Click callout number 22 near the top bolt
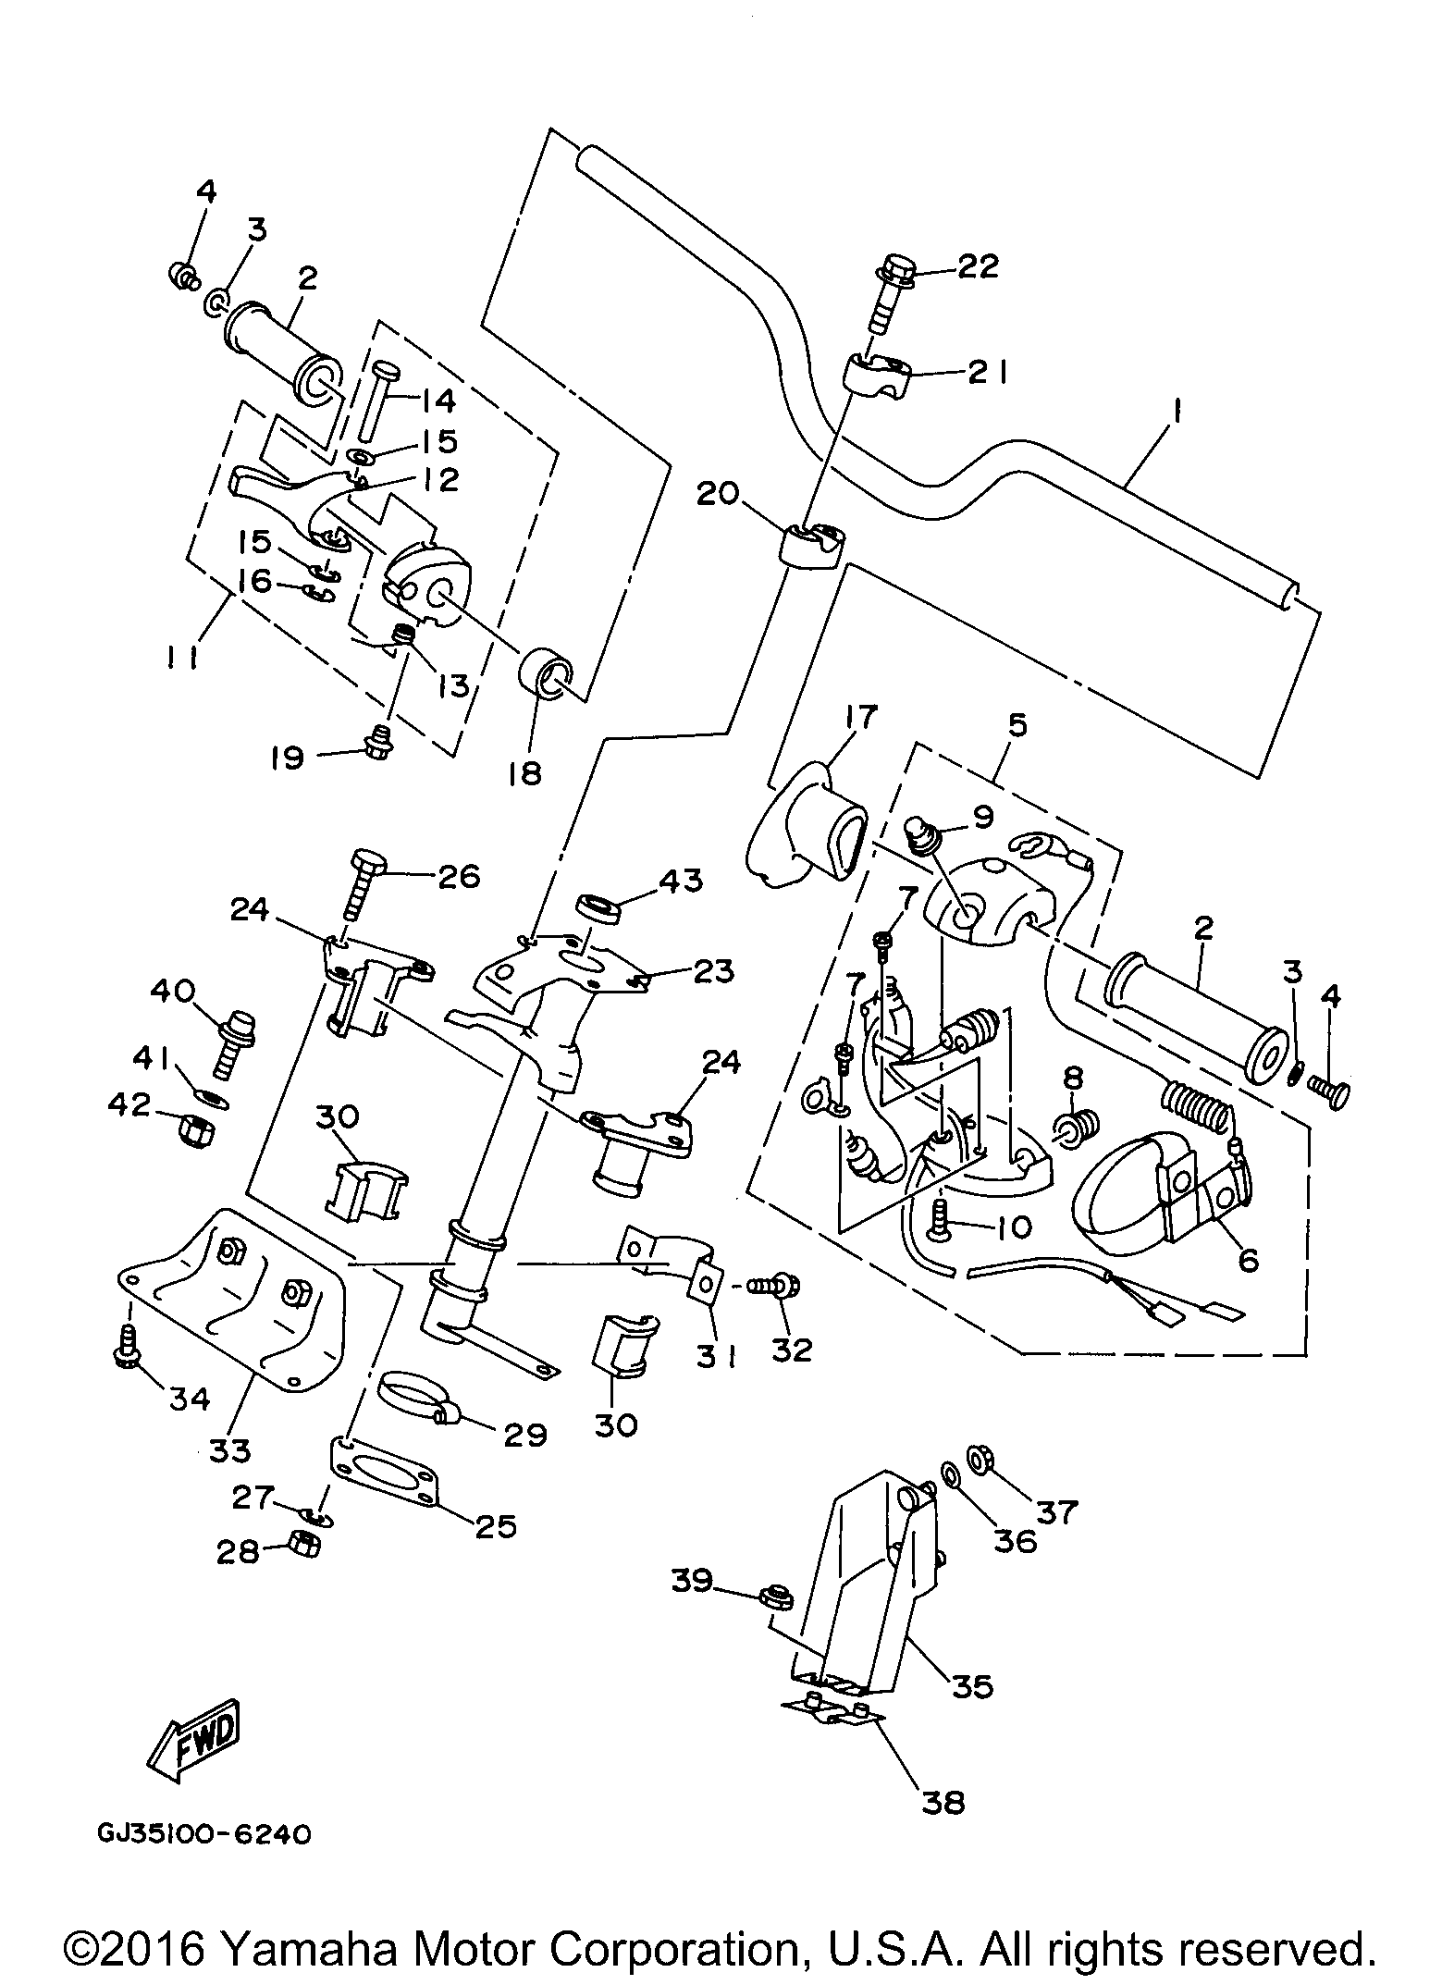(977, 267)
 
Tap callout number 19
(289, 758)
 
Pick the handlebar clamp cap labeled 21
(877, 378)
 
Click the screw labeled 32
(771, 1285)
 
